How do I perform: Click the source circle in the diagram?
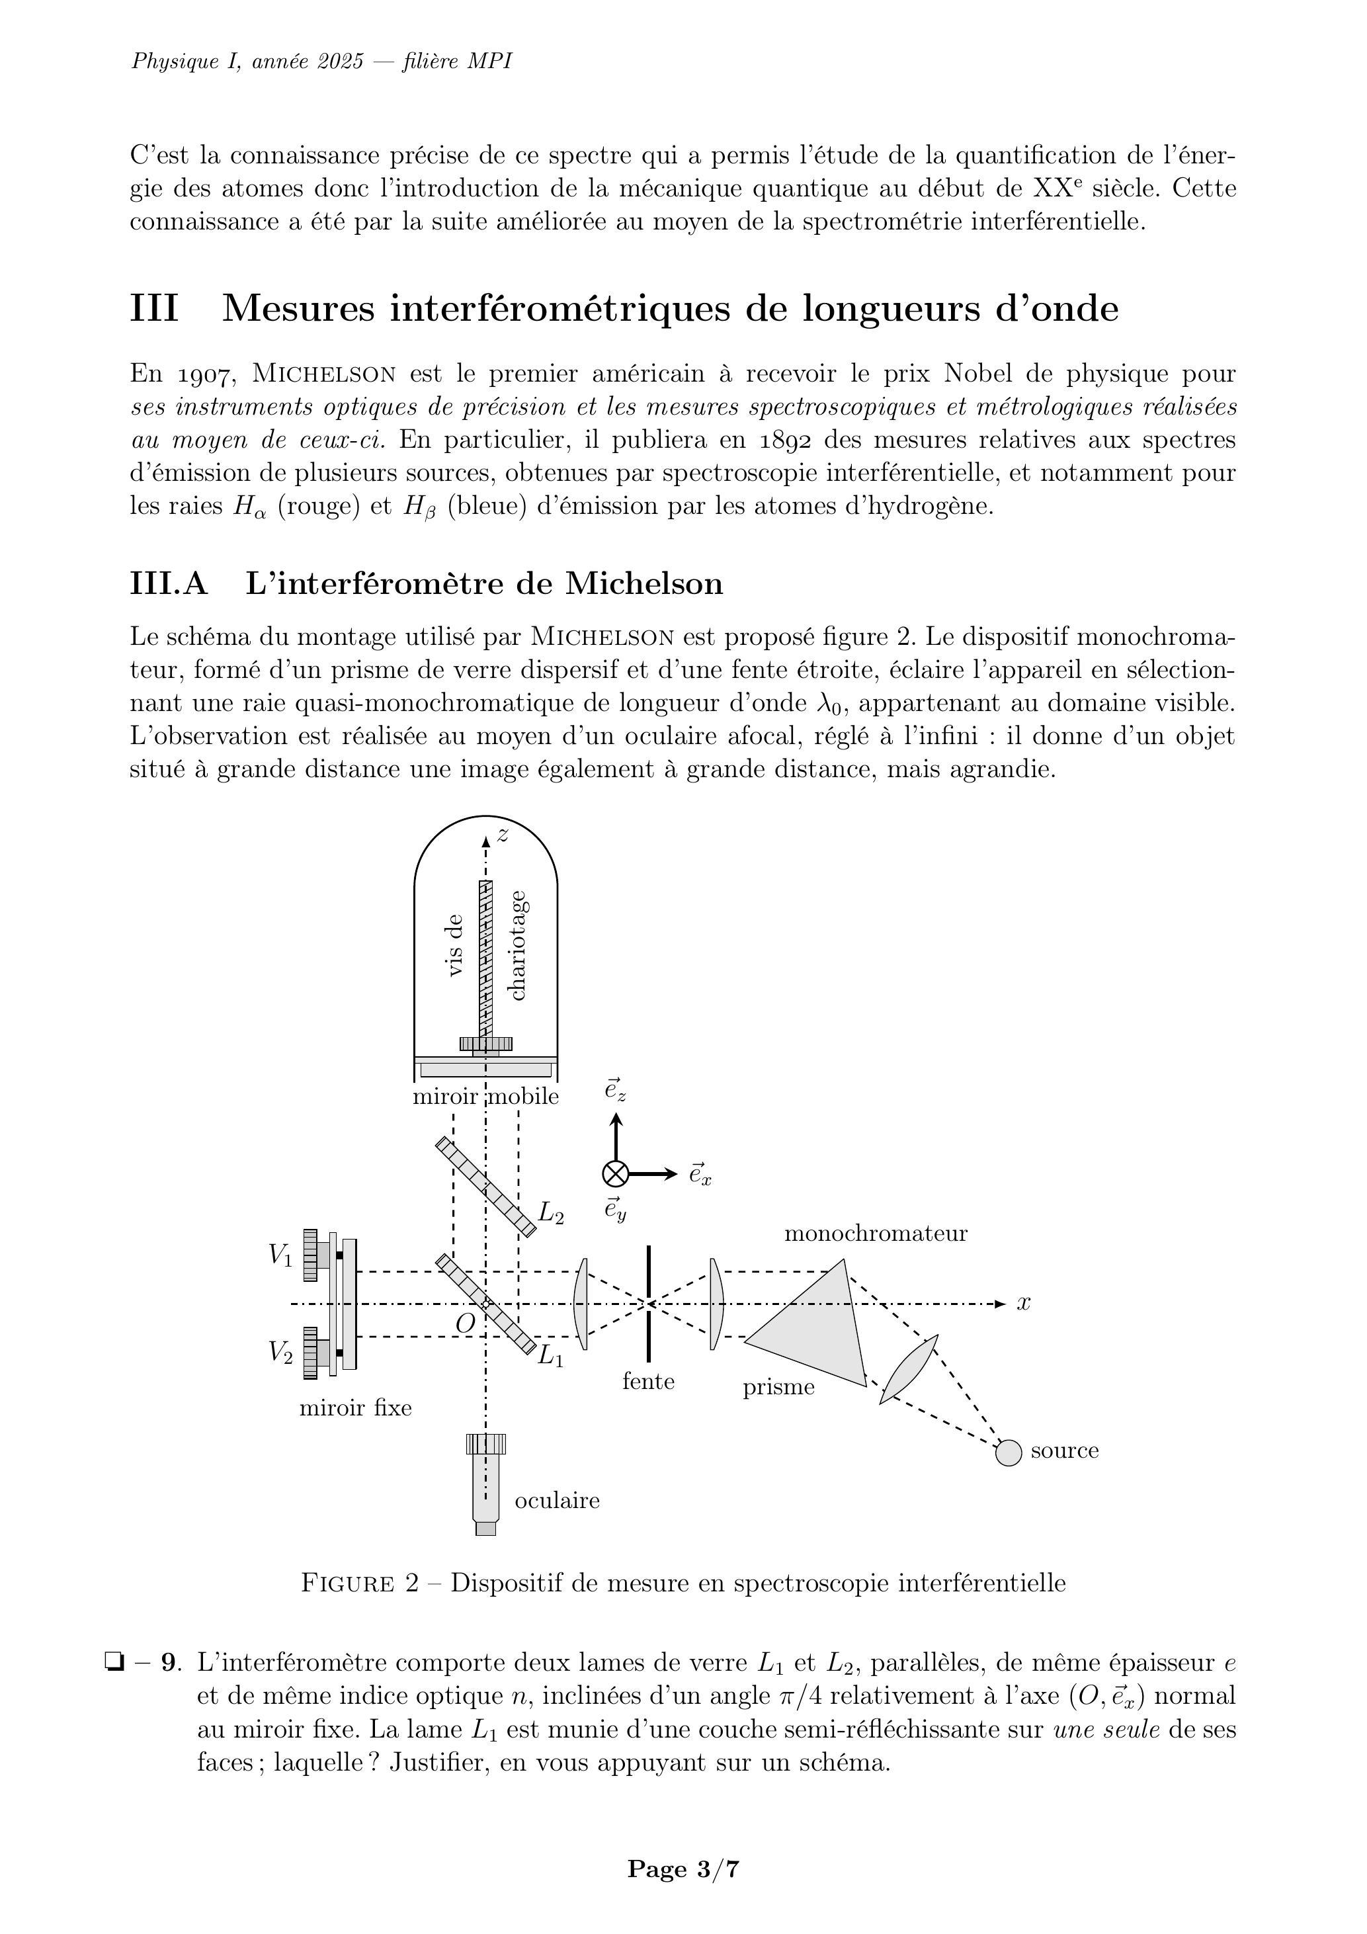[x=1008, y=1452]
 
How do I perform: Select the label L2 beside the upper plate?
[x=551, y=1214]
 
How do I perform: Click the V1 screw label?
[x=280, y=1255]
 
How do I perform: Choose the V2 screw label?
[x=280, y=1352]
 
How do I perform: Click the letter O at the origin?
[x=465, y=1324]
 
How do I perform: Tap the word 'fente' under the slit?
[x=649, y=1382]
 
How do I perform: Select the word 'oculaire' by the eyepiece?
[x=557, y=1500]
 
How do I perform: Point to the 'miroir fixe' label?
[x=355, y=1408]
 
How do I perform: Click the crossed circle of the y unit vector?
[x=616, y=1174]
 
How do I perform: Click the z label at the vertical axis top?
[x=503, y=835]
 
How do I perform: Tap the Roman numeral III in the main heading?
[x=154, y=309]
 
